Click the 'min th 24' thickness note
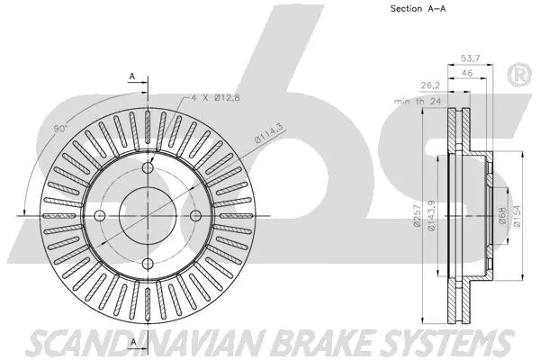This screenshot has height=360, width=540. coord(417,102)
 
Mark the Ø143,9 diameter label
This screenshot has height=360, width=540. coord(434,217)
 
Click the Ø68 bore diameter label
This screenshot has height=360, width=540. coord(500,217)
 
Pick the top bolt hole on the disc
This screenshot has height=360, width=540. coord(148,166)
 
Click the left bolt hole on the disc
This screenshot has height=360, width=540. coord(102,214)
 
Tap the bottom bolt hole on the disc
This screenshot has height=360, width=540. coord(148,261)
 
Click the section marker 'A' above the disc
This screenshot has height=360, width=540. coord(131,77)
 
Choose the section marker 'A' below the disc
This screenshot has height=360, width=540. coord(131,341)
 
